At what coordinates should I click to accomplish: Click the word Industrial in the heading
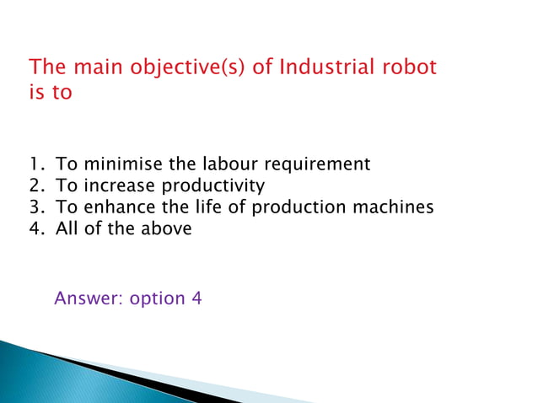pos(321,67)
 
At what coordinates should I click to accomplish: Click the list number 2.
pos(34,185)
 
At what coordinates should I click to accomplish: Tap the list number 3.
pos(34,207)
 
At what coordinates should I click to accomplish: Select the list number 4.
pos(34,228)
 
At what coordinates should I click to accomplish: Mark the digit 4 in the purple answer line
pos(196,298)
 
